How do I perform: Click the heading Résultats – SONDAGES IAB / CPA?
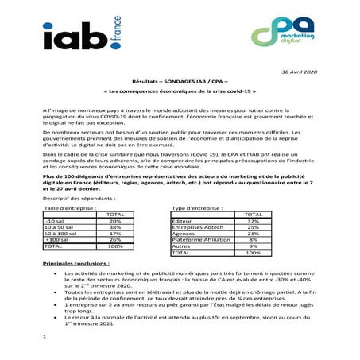pyautogui.click(x=179, y=83)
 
